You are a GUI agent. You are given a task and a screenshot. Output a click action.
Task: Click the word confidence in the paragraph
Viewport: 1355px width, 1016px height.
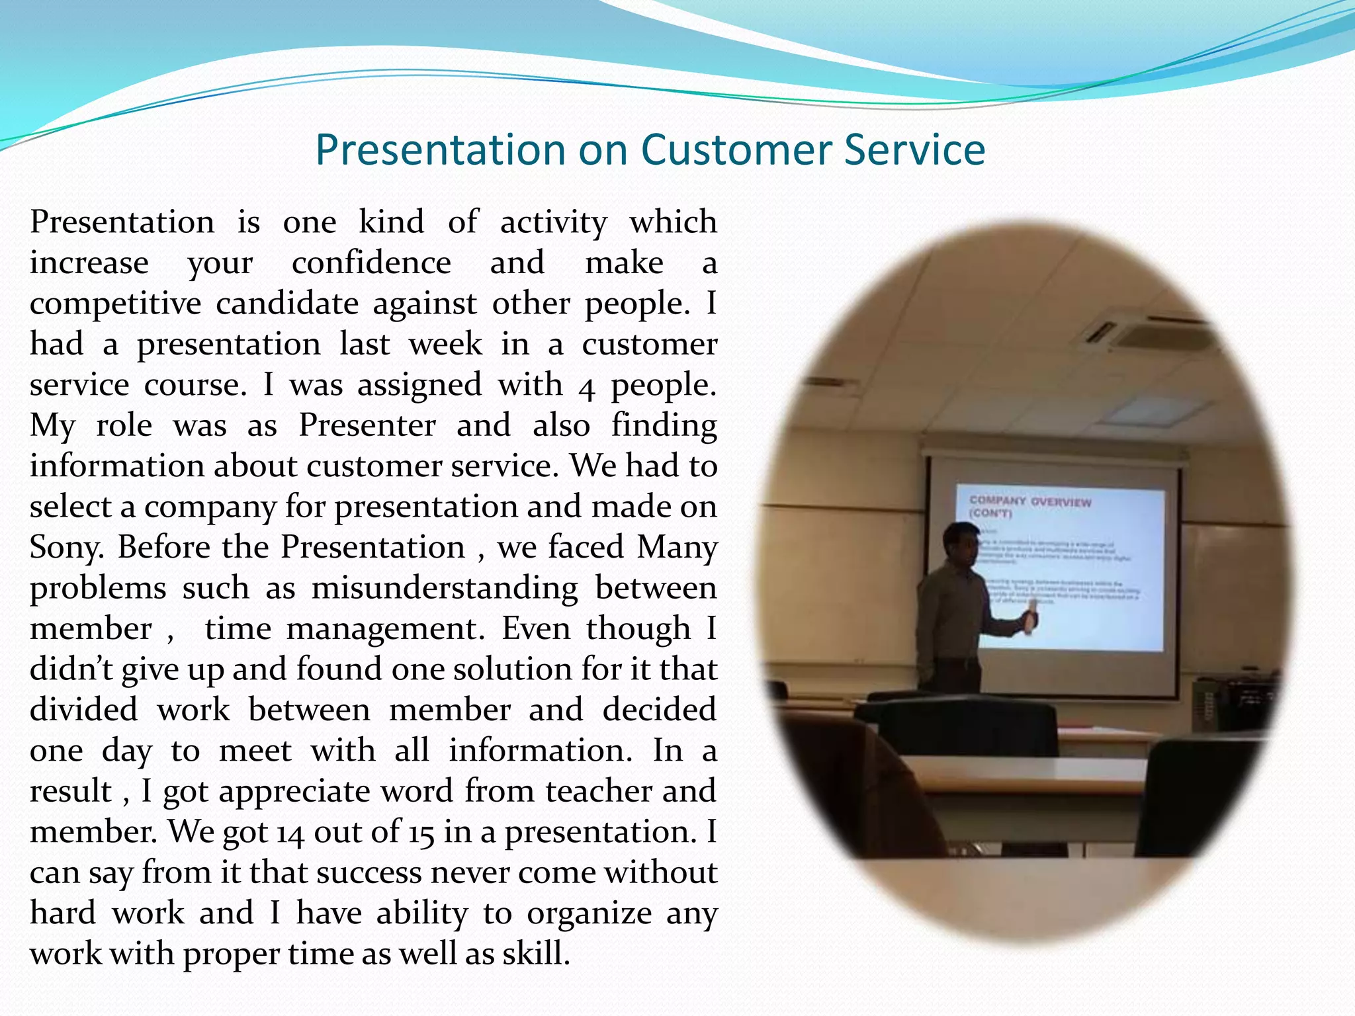pyautogui.click(x=371, y=263)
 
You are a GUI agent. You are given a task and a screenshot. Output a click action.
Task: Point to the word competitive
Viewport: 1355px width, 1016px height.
pyautogui.click(x=115, y=304)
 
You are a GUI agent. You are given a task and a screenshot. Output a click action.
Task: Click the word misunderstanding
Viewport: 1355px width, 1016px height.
pyautogui.click(x=445, y=589)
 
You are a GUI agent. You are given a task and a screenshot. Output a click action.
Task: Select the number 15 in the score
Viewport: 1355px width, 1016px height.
pyautogui.click(x=421, y=833)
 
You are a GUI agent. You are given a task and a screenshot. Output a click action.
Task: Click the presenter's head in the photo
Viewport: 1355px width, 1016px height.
pyautogui.click(x=961, y=544)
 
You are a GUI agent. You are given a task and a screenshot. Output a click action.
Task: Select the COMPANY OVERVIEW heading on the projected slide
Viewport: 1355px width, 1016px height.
pyautogui.click(x=1029, y=502)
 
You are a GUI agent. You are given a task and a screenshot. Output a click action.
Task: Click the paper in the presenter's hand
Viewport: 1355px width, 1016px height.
pyautogui.click(x=1029, y=622)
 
